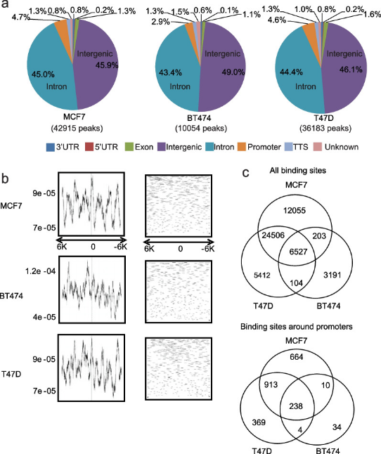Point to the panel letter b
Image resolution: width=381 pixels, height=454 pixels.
pyautogui.click(x=7, y=179)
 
